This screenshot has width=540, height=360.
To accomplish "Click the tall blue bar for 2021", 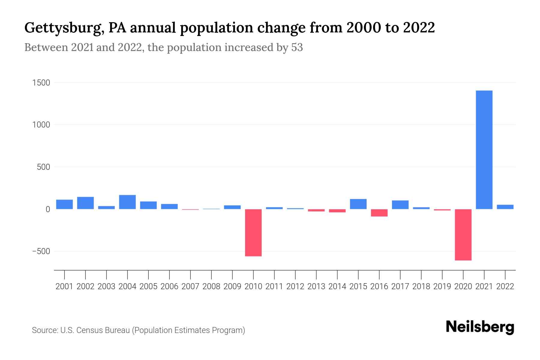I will tap(484, 150).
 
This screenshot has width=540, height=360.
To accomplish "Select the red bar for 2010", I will tap(253, 232).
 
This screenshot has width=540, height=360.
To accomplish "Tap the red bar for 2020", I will tap(463, 235).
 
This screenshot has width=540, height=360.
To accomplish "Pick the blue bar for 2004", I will tap(127, 202).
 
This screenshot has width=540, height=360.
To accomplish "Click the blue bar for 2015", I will tap(358, 204).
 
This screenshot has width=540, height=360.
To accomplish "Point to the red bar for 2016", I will tap(379, 213).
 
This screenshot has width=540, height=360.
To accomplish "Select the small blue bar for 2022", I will tap(505, 207).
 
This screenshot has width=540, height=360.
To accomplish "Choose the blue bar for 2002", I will tap(85, 203).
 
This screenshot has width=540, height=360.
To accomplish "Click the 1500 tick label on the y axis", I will tap(41, 83).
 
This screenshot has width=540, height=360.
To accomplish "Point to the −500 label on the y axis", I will tap(41, 251).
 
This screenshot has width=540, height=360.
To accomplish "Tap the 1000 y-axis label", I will tap(41, 125).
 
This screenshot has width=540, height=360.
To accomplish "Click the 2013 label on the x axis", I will tap(316, 286).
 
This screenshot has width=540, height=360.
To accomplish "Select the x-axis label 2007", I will tap(190, 286).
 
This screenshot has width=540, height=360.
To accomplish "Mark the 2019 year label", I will tap(442, 286).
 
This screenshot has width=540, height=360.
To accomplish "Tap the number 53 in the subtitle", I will tap(297, 47).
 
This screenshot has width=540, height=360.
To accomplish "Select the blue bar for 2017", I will tap(400, 205).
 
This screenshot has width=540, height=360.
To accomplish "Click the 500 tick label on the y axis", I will tap(43, 167).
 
